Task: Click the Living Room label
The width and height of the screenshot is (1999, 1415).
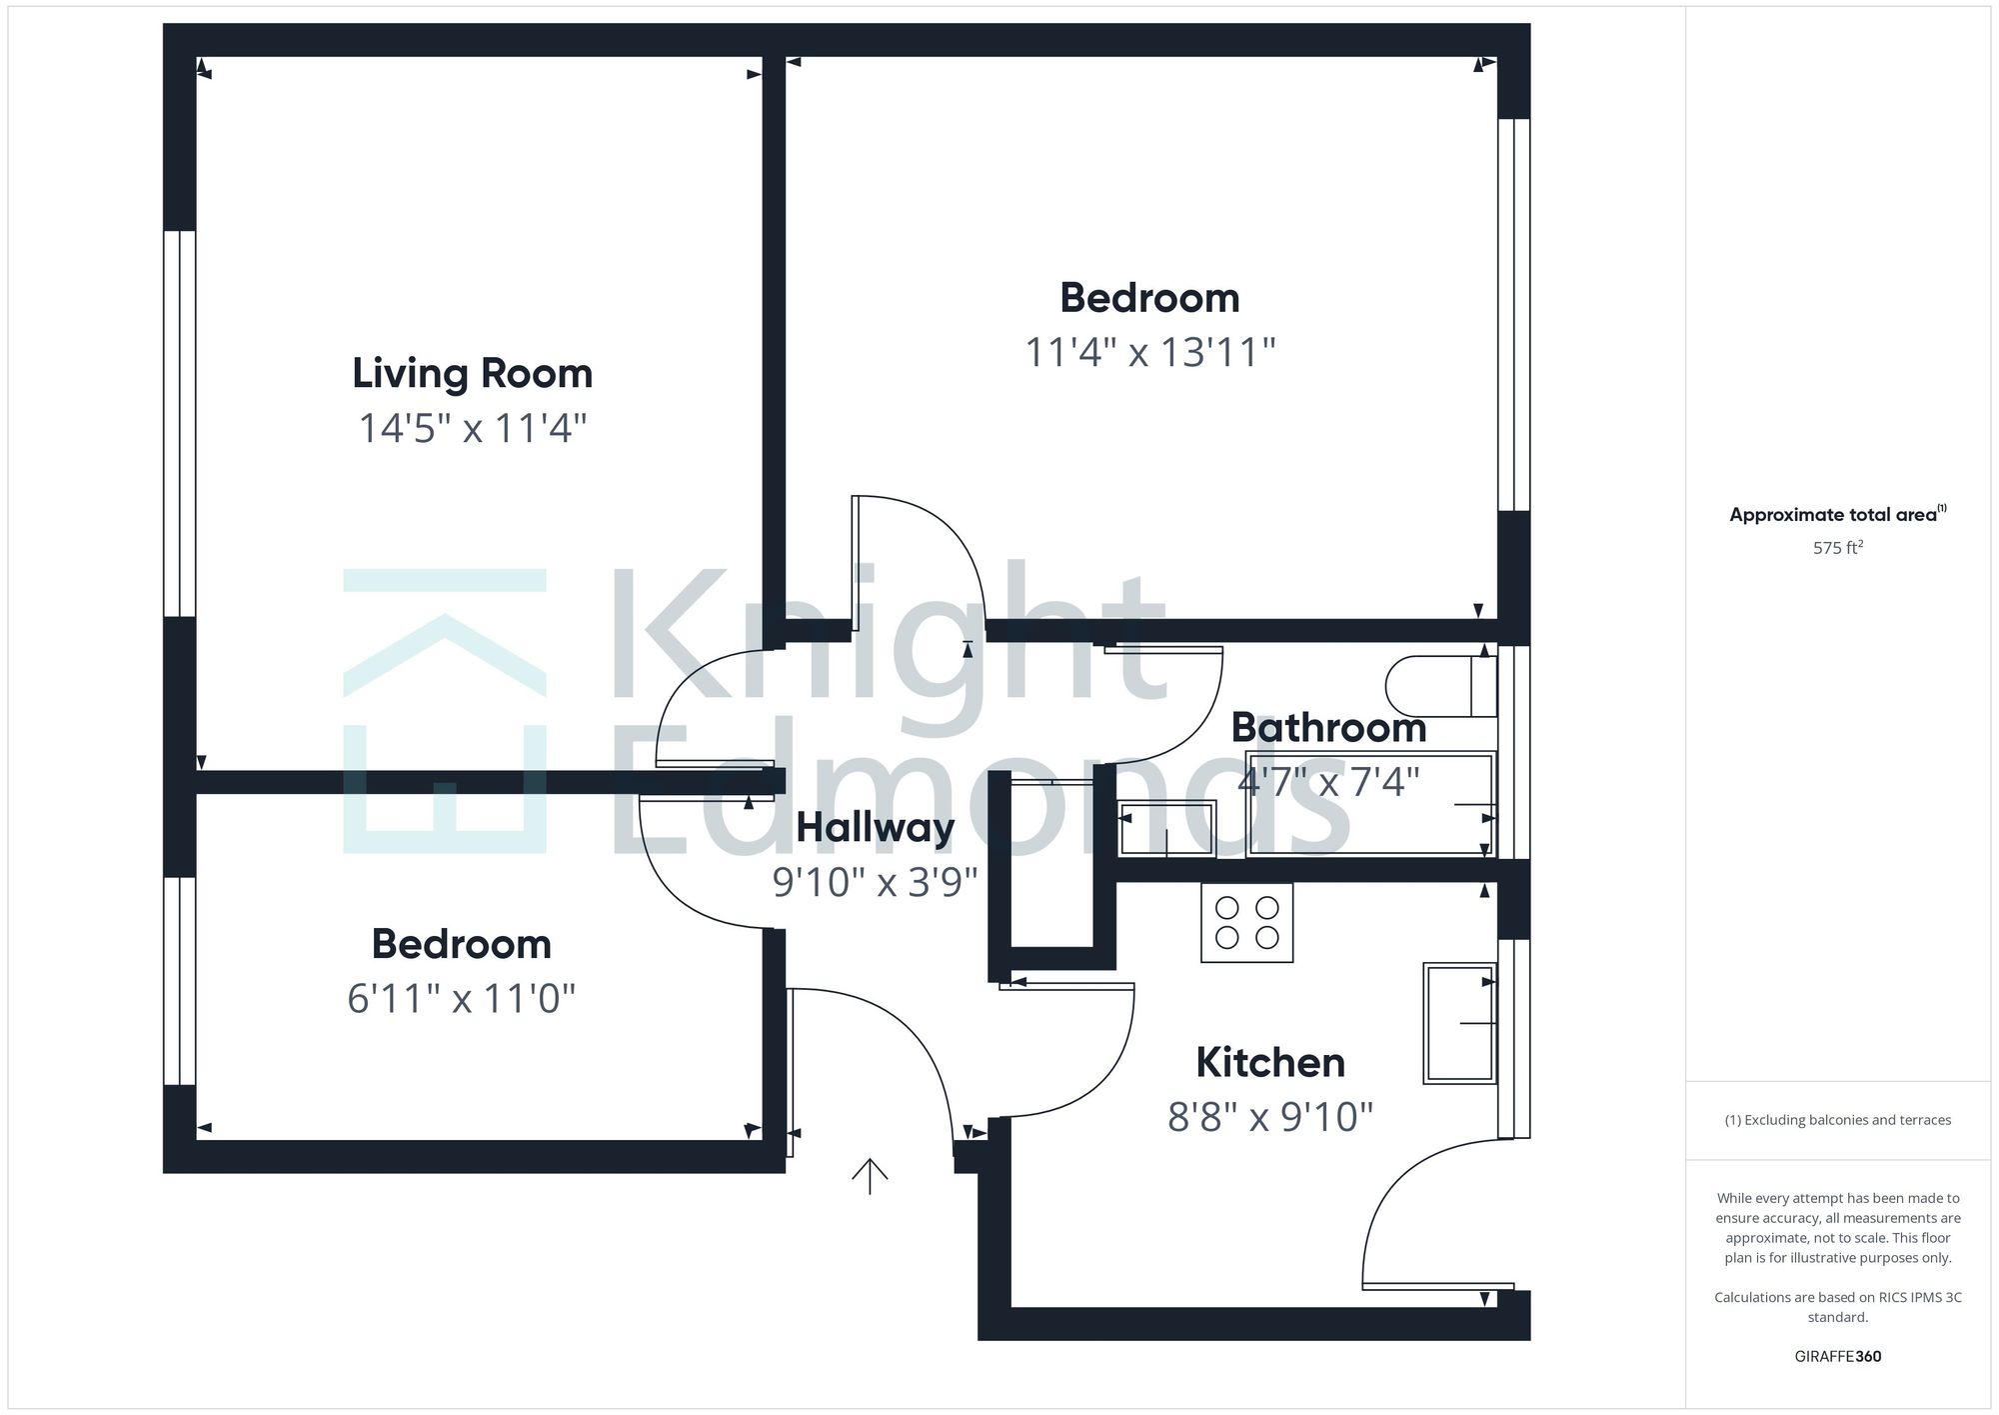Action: (x=472, y=374)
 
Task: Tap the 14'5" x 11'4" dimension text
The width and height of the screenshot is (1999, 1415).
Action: (x=472, y=429)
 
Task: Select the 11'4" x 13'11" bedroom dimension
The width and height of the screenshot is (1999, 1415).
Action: (x=1150, y=353)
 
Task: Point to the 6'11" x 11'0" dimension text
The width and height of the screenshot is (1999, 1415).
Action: (x=461, y=999)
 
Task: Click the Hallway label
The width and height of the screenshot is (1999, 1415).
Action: (x=875, y=828)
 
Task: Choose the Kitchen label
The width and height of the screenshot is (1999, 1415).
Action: (x=1269, y=1063)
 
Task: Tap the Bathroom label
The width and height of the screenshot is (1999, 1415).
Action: (x=1328, y=728)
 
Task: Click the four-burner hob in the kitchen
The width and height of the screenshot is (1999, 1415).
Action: (x=1246, y=923)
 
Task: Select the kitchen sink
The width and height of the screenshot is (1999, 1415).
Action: (x=1459, y=1023)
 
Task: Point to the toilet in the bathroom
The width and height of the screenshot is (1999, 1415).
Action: (x=1439, y=686)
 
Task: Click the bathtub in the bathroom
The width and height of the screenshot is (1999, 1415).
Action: (x=1369, y=804)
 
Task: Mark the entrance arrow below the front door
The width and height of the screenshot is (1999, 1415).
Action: (x=870, y=1176)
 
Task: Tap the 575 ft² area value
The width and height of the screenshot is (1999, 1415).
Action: (x=1837, y=548)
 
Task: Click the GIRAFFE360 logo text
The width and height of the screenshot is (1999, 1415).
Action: (x=1837, y=1357)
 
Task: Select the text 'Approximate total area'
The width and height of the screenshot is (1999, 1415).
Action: (x=1833, y=516)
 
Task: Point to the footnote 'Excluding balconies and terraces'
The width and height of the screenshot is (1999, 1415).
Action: (x=1837, y=1120)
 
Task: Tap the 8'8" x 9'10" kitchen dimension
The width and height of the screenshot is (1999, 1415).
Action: (x=1269, y=1117)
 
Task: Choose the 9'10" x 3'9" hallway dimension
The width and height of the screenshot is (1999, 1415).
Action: (x=875, y=882)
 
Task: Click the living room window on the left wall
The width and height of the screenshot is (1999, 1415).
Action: (x=180, y=424)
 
